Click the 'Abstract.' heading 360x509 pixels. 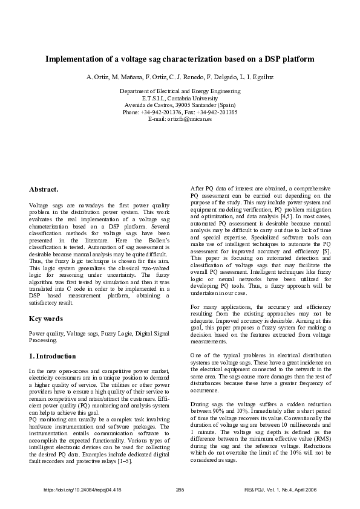click(x=44, y=189)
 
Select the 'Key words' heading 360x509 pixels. click(x=47, y=318)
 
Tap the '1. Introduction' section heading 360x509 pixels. click(x=53, y=356)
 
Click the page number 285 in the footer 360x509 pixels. click(x=179, y=489)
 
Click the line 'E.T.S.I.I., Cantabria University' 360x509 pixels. click(x=180, y=98)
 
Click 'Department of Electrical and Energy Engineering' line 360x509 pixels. click(x=180, y=91)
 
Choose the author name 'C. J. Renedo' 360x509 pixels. click(x=185, y=78)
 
